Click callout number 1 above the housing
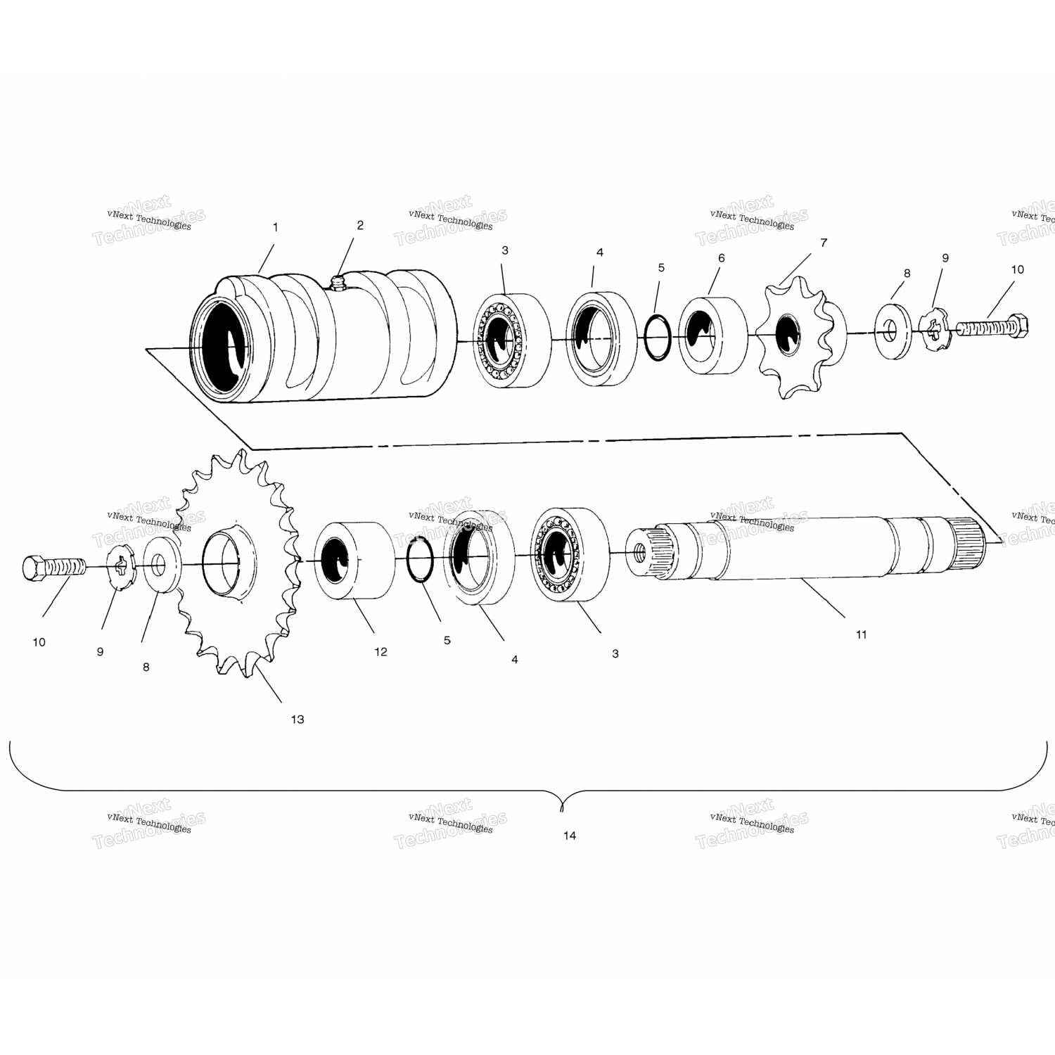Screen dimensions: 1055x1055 coord(275,227)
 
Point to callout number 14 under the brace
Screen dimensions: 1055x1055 coord(570,836)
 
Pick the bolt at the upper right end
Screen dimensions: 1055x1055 coord(991,328)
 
